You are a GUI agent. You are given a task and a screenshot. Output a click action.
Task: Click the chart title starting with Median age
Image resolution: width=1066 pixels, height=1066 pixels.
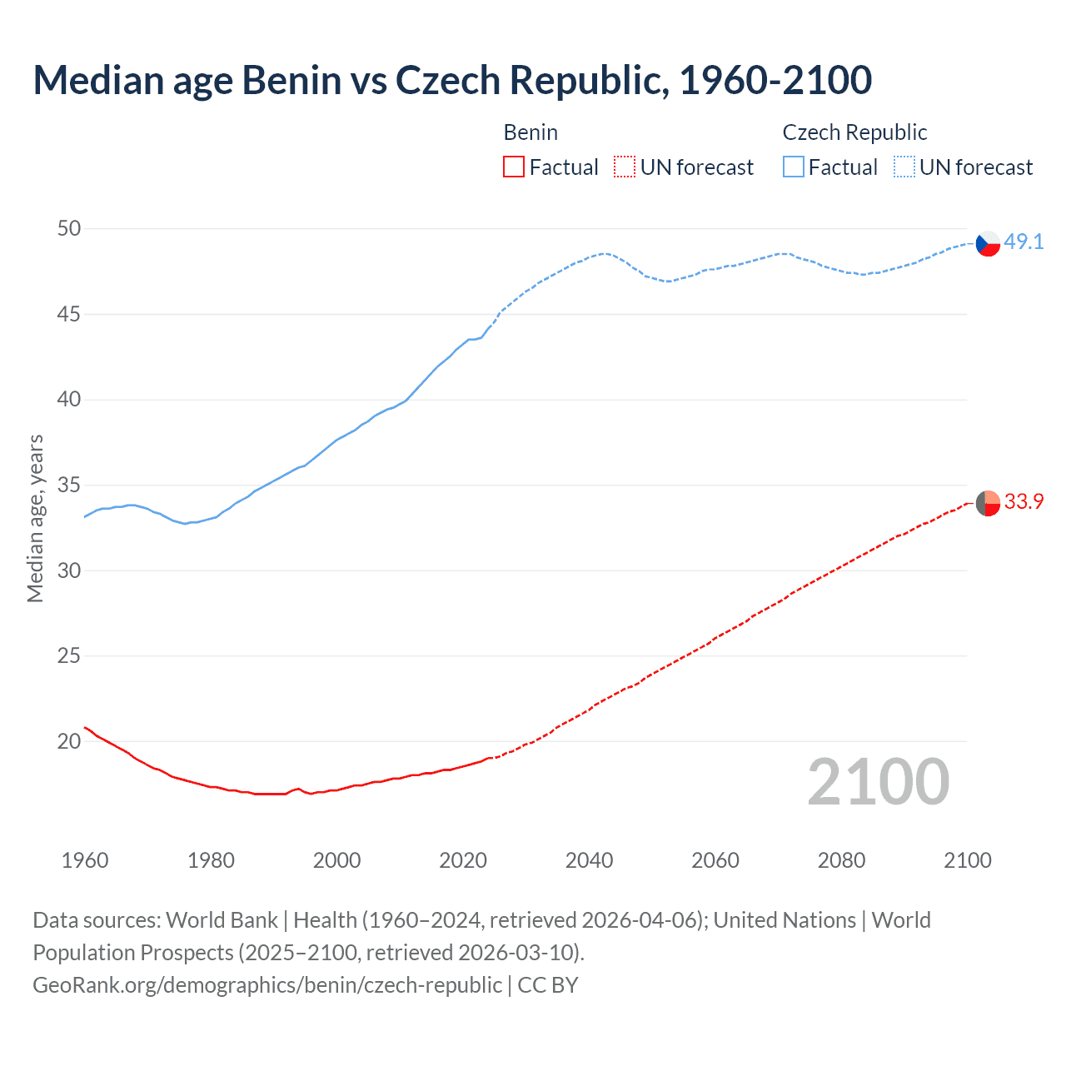452,80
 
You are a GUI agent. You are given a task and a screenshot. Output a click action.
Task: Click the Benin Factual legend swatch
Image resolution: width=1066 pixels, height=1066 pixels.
514,167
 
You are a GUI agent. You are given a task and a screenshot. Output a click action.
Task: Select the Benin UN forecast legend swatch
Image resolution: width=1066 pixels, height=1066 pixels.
625,167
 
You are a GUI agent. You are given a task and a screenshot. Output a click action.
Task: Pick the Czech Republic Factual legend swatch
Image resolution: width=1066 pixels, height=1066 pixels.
794,167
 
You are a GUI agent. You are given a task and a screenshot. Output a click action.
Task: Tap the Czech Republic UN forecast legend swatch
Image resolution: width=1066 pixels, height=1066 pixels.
904,167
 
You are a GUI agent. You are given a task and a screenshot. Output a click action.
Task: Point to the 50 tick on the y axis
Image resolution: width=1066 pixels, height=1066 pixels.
69,228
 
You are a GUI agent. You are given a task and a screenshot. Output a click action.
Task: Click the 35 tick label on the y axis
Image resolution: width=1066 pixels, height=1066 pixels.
69,485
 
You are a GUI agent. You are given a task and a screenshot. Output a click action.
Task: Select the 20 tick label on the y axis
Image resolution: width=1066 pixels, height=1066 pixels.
69,741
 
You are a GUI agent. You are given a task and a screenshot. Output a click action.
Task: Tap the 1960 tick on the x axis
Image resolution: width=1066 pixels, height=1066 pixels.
85,860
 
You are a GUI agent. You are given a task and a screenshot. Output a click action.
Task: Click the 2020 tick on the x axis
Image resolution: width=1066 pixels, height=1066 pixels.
463,860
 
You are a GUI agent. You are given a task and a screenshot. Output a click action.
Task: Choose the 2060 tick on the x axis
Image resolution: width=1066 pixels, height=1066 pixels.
715,860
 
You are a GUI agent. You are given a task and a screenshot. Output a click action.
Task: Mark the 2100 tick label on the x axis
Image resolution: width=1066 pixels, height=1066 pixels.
968,860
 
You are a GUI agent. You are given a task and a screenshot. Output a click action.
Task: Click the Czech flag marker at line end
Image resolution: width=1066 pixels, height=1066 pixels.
988,243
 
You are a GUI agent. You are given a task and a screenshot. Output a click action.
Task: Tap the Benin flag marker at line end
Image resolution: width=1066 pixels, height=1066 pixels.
988,503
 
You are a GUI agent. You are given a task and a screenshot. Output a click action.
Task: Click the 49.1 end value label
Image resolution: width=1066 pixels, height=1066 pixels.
1024,242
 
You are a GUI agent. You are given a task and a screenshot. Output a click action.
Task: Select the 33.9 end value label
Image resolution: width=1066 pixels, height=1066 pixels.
1024,501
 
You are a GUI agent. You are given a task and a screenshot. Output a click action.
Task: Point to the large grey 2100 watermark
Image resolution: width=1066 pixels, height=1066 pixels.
879,782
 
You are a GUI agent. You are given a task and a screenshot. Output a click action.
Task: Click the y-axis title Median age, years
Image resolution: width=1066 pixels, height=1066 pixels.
35,518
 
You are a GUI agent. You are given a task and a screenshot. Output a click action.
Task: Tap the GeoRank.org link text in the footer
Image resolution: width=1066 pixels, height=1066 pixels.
266,984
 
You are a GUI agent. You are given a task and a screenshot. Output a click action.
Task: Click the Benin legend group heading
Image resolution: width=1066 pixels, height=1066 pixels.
531,132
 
